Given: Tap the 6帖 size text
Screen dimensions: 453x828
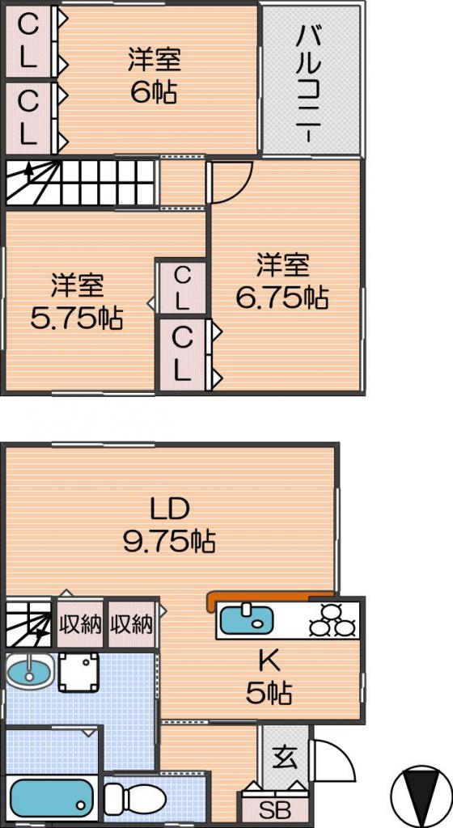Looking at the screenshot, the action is coord(155,93).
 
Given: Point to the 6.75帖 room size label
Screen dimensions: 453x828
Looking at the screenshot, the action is coord(282,298).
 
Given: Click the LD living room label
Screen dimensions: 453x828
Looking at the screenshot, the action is coord(169,509).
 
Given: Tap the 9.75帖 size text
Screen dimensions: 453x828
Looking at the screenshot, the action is coord(169,541).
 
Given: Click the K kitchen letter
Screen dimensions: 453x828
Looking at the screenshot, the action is coord(269,660).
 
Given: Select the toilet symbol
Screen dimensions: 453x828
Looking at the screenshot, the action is coord(134,797).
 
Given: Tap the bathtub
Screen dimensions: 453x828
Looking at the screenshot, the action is coord(51,797).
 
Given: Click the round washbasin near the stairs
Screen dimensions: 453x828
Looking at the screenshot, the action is coord(28,670).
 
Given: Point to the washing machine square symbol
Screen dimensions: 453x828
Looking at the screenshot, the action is coord(78,672).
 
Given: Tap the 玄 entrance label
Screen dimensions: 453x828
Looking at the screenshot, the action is coord(285,758).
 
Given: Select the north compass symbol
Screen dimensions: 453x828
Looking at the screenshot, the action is coord(418,794).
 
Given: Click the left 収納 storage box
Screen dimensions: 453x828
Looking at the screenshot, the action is coord(80,624).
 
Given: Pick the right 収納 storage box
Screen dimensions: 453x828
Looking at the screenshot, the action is coord(132,624).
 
